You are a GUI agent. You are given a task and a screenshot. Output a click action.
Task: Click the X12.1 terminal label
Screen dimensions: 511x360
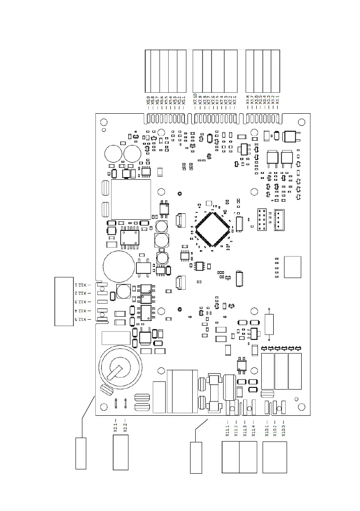[x=81, y=284]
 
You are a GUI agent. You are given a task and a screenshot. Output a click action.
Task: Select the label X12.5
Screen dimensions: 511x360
[x=81, y=320]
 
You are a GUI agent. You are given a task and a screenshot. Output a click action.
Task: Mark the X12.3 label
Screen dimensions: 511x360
[x=81, y=302]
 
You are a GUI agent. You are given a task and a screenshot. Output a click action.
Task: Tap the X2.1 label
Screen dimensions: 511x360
[x=115, y=426]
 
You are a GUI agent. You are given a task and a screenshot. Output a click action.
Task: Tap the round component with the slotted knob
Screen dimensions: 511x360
[x=119, y=368]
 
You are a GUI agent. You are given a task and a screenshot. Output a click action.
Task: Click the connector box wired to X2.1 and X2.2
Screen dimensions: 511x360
[x=121, y=452]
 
